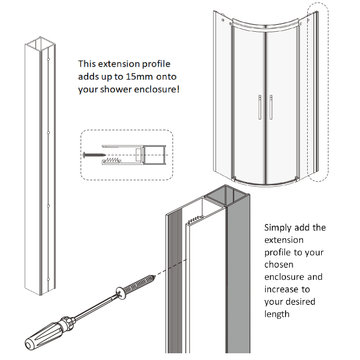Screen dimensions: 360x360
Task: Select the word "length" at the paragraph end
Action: click(x=277, y=314)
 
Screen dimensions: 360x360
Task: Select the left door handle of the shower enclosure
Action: click(x=259, y=106)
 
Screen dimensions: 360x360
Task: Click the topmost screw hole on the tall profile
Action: click(x=49, y=60)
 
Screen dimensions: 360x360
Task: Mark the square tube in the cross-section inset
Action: click(x=155, y=156)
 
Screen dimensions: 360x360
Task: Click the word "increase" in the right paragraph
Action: click(x=281, y=289)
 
